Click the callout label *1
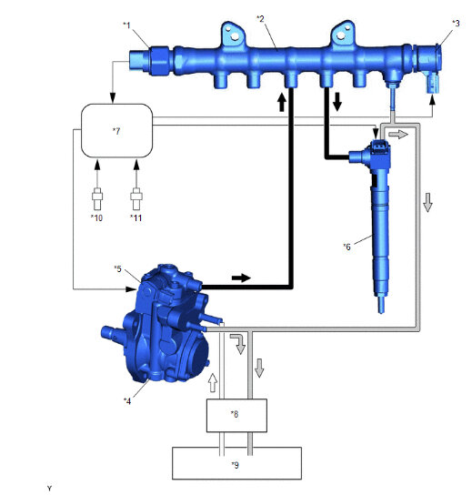pos(126,25)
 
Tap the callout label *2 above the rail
pos(261,18)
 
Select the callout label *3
pos(456,23)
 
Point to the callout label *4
pos(127,400)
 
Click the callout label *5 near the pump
pos(117,268)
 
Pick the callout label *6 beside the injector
pos(346,247)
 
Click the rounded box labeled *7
pos(117,130)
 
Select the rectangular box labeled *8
pos(236,416)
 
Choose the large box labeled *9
pos(236,463)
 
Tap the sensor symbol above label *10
pos(97,198)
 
